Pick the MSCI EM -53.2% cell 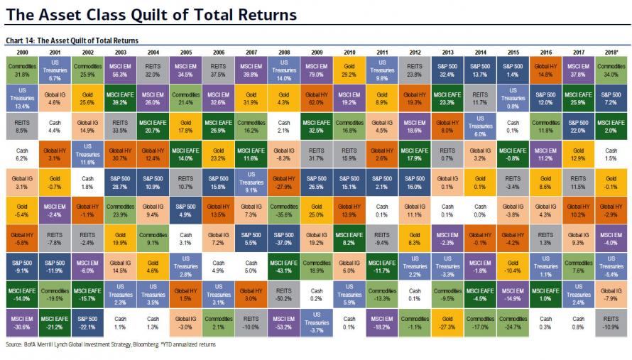(x=284, y=322)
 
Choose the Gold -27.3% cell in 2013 (x=447, y=322)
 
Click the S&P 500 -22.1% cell (x=87, y=322)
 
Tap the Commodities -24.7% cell (x=513, y=322)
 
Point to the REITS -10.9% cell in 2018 (x=611, y=322)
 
